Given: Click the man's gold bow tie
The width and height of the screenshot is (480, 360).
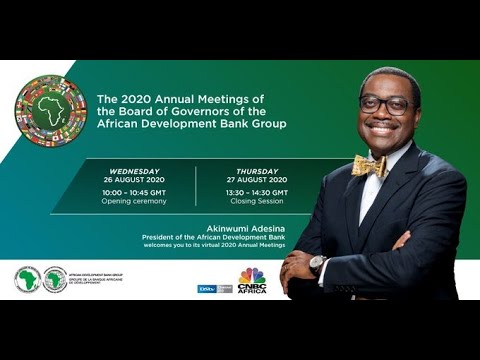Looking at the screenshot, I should click(369, 165).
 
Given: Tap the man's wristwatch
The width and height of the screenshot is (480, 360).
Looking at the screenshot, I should click(318, 265).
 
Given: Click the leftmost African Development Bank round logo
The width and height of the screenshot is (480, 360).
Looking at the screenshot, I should click(27, 279).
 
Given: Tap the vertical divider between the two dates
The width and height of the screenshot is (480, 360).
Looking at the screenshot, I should click(195, 186).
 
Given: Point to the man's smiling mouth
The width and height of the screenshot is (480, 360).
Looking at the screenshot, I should click(383, 129).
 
